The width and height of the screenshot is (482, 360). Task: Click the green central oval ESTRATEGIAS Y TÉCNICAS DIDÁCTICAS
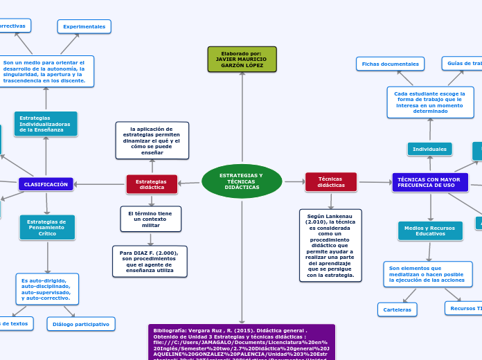242,181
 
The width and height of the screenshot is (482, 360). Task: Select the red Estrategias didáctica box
152,184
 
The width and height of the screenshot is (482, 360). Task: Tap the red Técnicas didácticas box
331,182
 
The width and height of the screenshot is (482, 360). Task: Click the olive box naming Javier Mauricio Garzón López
242,60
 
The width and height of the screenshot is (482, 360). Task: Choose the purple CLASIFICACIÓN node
46,184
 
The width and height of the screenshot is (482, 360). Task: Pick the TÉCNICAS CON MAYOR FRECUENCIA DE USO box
429,183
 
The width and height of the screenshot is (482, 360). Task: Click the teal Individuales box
429,149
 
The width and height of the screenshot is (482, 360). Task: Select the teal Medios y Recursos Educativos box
430,231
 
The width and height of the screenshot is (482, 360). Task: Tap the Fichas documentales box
390,64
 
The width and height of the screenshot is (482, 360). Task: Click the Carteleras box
398,309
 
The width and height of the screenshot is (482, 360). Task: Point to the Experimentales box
84,26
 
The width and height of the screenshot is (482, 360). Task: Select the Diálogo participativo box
81,324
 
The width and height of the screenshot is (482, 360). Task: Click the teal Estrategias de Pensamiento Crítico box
47,227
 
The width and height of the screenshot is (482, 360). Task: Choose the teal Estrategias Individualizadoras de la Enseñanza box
46,124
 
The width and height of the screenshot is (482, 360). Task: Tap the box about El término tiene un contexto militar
150,219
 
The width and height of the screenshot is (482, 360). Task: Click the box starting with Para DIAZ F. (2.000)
150,261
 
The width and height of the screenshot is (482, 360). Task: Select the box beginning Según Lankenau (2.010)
330,245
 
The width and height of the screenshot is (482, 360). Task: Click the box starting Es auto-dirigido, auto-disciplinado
47,289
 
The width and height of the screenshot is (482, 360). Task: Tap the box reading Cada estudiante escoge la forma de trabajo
430,102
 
